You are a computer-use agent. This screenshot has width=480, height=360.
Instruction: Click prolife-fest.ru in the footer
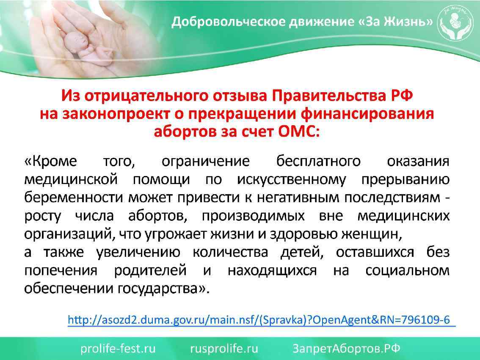click(x=119, y=349)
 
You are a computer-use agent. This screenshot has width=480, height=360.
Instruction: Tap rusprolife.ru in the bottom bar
click(x=224, y=349)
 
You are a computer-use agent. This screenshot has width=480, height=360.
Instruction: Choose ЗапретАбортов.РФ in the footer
click(x=347, y=349)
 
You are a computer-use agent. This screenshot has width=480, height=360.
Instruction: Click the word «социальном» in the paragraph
click(x=407, y=270)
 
